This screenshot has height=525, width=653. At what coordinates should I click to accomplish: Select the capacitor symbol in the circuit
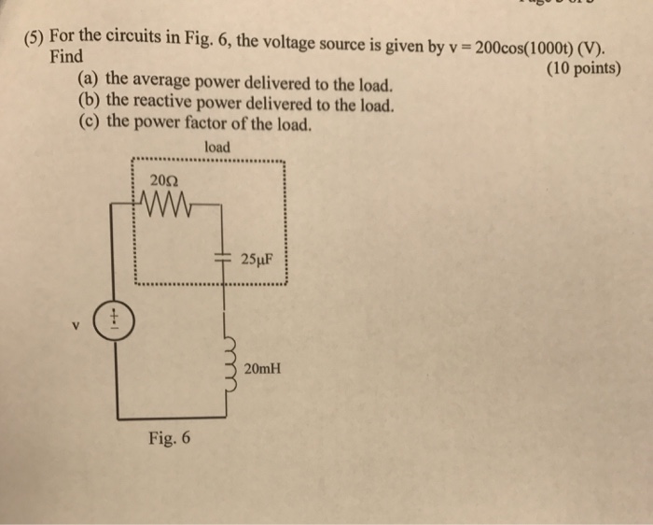click(223, 254)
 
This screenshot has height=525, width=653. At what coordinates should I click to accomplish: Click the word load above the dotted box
click(216, 148)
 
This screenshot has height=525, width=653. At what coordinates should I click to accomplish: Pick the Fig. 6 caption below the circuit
click(169, 435)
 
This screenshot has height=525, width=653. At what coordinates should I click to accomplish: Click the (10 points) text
click(579, 68)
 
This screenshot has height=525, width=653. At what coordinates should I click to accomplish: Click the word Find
click(65, 57)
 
